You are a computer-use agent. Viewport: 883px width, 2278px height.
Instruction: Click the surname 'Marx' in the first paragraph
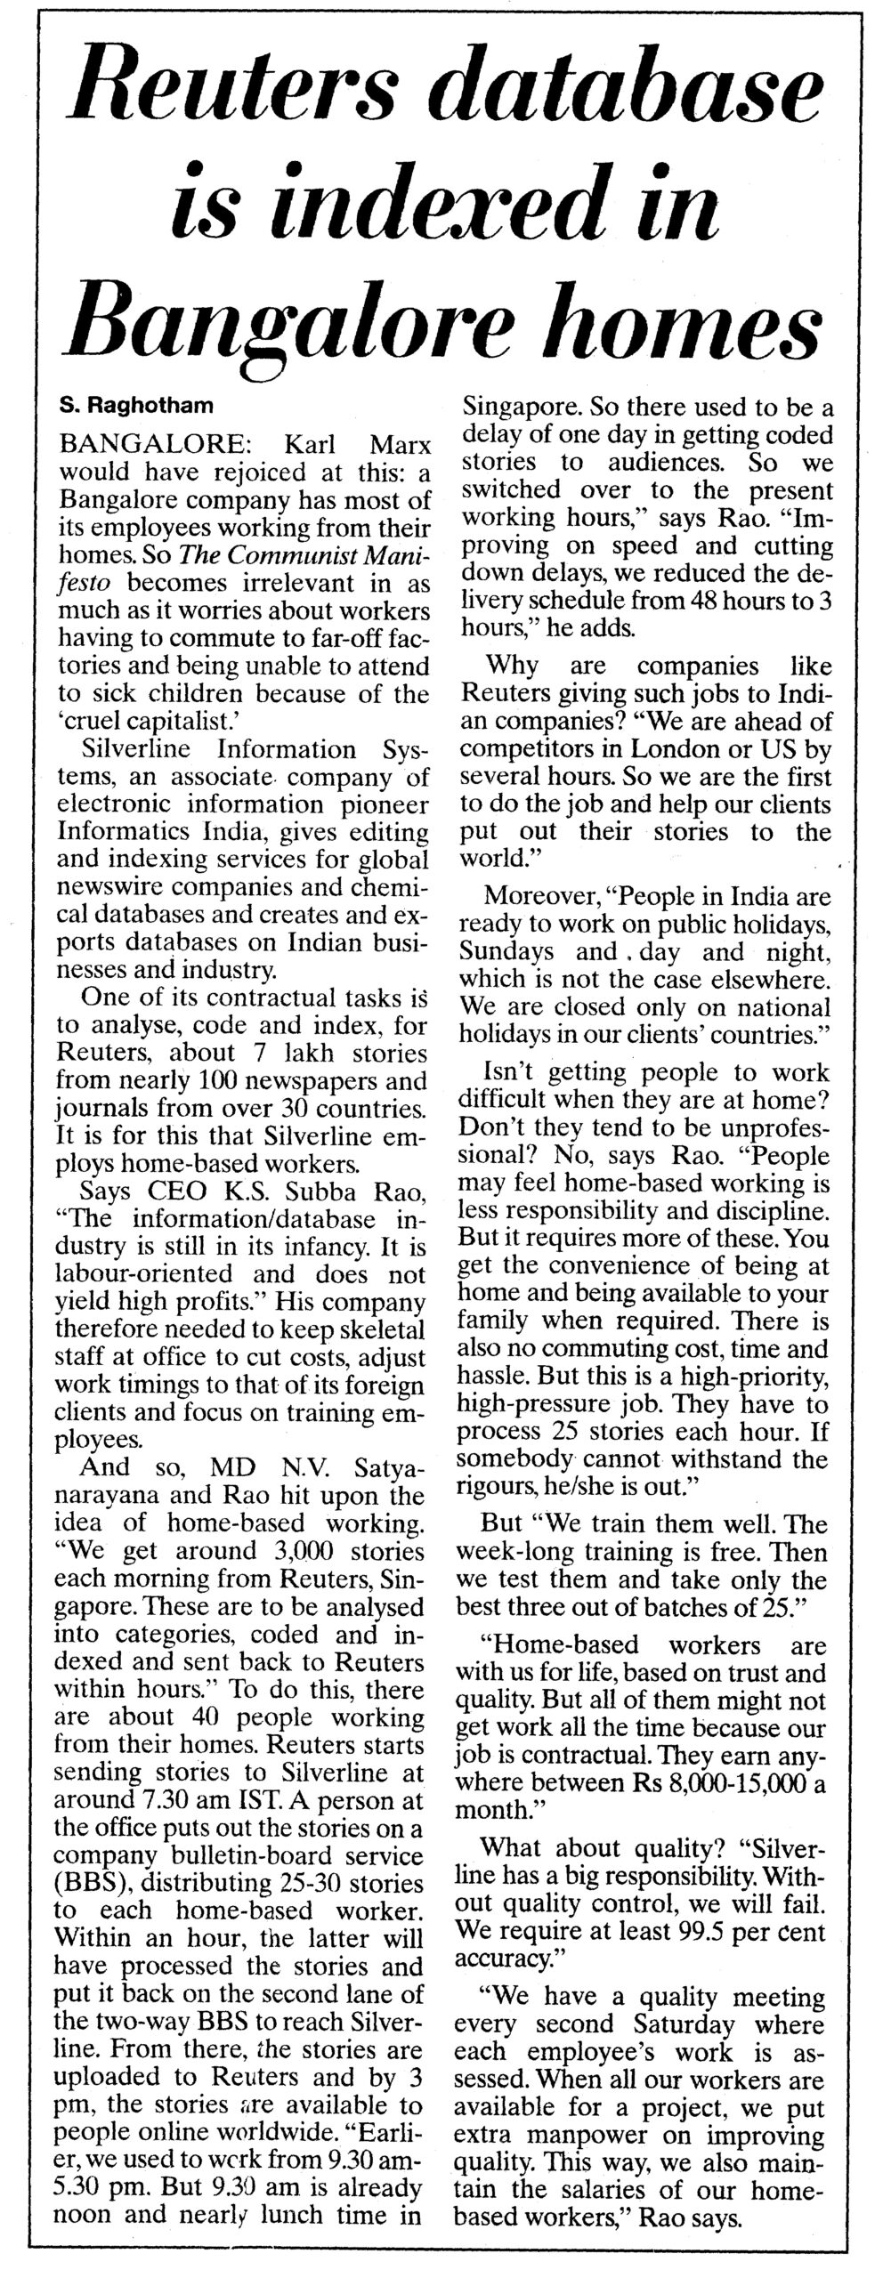(394, 442)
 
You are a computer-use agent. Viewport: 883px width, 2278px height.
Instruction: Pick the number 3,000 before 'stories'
(299, 1551)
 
